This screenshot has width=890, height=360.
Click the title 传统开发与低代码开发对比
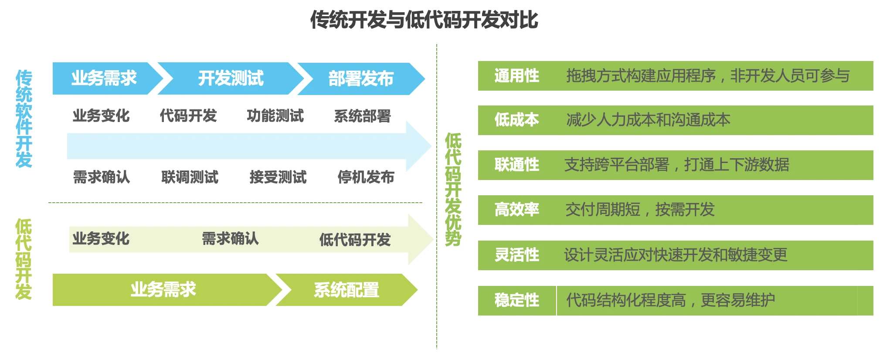[x=424, y=20]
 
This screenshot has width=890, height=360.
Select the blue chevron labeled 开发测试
[x=231, y=78]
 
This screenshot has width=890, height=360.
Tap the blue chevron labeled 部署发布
[x=361, y=79]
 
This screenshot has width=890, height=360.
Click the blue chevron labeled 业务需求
[x=104, y=78]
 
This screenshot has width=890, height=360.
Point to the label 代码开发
[x=188, y=116]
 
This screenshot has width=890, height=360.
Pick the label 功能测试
[x=275, y=116]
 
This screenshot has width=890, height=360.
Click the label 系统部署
[x=362, y=116]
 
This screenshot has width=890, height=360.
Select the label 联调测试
[x=190, y=177]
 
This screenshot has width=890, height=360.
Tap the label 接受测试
[x=278, y=177]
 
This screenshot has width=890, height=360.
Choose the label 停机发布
[x=366, y=177]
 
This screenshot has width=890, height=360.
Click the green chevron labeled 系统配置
[x=346, y=290]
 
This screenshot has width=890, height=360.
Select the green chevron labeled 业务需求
[x=163, y=290]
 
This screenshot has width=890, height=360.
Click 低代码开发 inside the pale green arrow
[x=355, y=240]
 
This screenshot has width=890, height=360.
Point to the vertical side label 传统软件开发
[x=24, y=119]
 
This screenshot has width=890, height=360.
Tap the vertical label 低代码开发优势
[x=453, y=190]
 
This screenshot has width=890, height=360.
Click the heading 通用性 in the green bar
[x=516, y=76]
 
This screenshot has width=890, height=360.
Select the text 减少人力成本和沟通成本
[x=648, y=120]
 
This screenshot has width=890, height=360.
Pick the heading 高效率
[x=516, y=210]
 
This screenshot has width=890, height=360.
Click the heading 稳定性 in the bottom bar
[x=516, y=300]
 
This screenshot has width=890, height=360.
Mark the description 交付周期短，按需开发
[x=640, y=210]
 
